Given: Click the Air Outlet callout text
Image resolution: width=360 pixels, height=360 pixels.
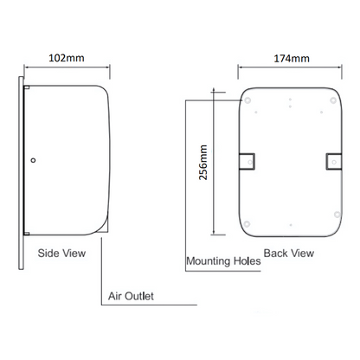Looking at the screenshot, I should [131, 296].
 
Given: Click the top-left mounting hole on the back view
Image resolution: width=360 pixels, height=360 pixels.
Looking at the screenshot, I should [250, 101].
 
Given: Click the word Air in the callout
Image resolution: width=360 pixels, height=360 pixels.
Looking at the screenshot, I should [114, 296].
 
